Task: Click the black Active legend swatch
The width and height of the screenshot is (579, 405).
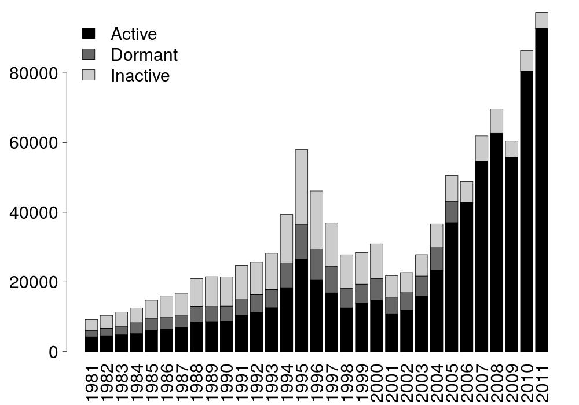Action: [89, 34]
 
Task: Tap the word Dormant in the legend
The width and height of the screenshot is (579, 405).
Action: [144, 55]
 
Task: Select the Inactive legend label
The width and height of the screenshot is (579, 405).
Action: [140, 76]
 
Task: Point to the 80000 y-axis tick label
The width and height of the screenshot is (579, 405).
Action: [35, 74]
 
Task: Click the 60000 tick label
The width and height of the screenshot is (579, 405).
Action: [35, 143]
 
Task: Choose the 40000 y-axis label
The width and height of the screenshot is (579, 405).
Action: [35, 213]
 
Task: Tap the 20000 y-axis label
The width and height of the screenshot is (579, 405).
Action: [35, 283]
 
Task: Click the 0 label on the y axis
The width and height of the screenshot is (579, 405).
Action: [54, 352]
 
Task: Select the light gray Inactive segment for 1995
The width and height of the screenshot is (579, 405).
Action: [302, 187]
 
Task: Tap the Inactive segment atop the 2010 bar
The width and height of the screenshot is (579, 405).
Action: [526, 61]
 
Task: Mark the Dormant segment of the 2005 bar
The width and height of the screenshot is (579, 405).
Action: [452, 212]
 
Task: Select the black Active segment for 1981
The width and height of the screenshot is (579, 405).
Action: [91, 344]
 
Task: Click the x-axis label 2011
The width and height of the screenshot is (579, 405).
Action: [542, 382]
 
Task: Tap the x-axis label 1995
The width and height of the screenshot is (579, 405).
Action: [302, 382]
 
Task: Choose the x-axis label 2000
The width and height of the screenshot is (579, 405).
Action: [377, 382]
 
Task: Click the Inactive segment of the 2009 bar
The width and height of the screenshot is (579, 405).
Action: [511, 149]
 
